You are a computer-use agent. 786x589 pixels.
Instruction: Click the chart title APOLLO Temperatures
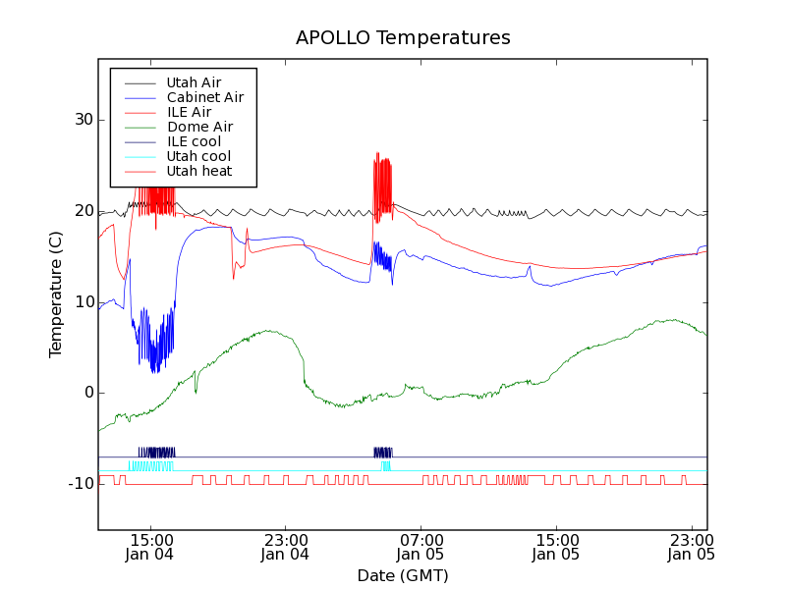(403, 38)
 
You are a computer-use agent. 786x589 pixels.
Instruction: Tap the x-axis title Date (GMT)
(403, 575)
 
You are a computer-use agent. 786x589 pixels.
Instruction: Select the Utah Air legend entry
(194, 82)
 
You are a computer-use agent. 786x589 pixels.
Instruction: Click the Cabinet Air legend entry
(204, 97)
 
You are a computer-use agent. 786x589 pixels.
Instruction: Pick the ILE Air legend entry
(189, 112)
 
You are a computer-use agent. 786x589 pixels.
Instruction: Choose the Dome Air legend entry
(199, 127)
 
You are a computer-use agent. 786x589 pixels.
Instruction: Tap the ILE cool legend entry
(194, 141)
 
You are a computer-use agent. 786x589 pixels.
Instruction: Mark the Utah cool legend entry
(198, 156)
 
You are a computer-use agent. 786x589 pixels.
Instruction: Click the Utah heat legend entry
(199, 171)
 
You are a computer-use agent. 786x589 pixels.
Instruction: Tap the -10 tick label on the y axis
(79, 484)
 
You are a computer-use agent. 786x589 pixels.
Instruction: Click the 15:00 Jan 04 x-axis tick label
(150, 547)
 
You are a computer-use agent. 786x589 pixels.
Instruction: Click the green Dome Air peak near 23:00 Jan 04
(267, 332)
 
